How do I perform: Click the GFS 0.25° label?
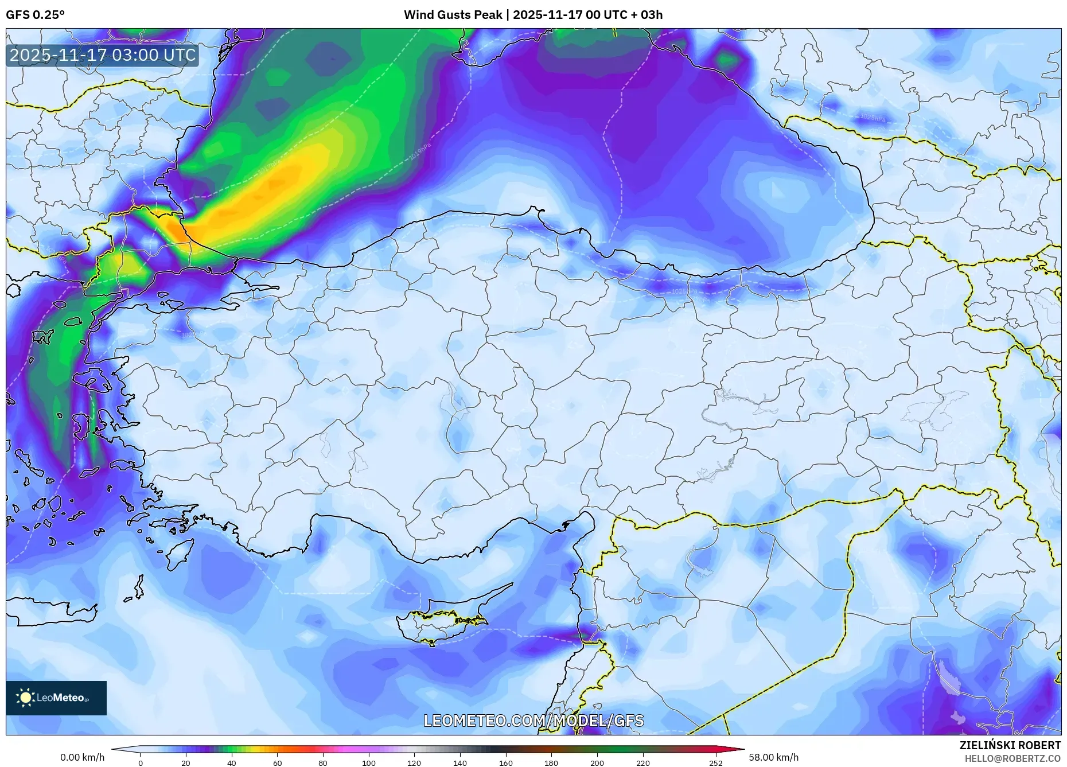pos(35,15)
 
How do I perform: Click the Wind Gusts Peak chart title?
pos(533,15)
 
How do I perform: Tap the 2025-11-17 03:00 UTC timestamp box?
pos(103,55)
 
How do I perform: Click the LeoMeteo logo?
pos(56,698)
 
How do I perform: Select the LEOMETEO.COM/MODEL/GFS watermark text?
pos(533,721)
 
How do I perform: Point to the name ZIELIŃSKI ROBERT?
pos(1010,745)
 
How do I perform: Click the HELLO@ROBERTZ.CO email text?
pos(1013,758)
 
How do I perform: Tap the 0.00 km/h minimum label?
pos(83,757)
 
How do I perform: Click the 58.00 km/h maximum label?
pos(773,757)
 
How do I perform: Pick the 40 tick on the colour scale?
pos(231,763)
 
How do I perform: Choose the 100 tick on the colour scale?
pos(368,763)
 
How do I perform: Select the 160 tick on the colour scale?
pos(505,763)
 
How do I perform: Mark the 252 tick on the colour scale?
pos(715,763)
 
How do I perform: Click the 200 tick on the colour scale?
pos(597,763)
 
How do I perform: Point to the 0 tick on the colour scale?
pos(141,763)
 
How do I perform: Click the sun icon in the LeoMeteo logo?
pos(26,698)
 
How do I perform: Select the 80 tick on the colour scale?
pos(323,763)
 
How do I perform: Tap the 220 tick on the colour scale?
pos(642,763)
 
